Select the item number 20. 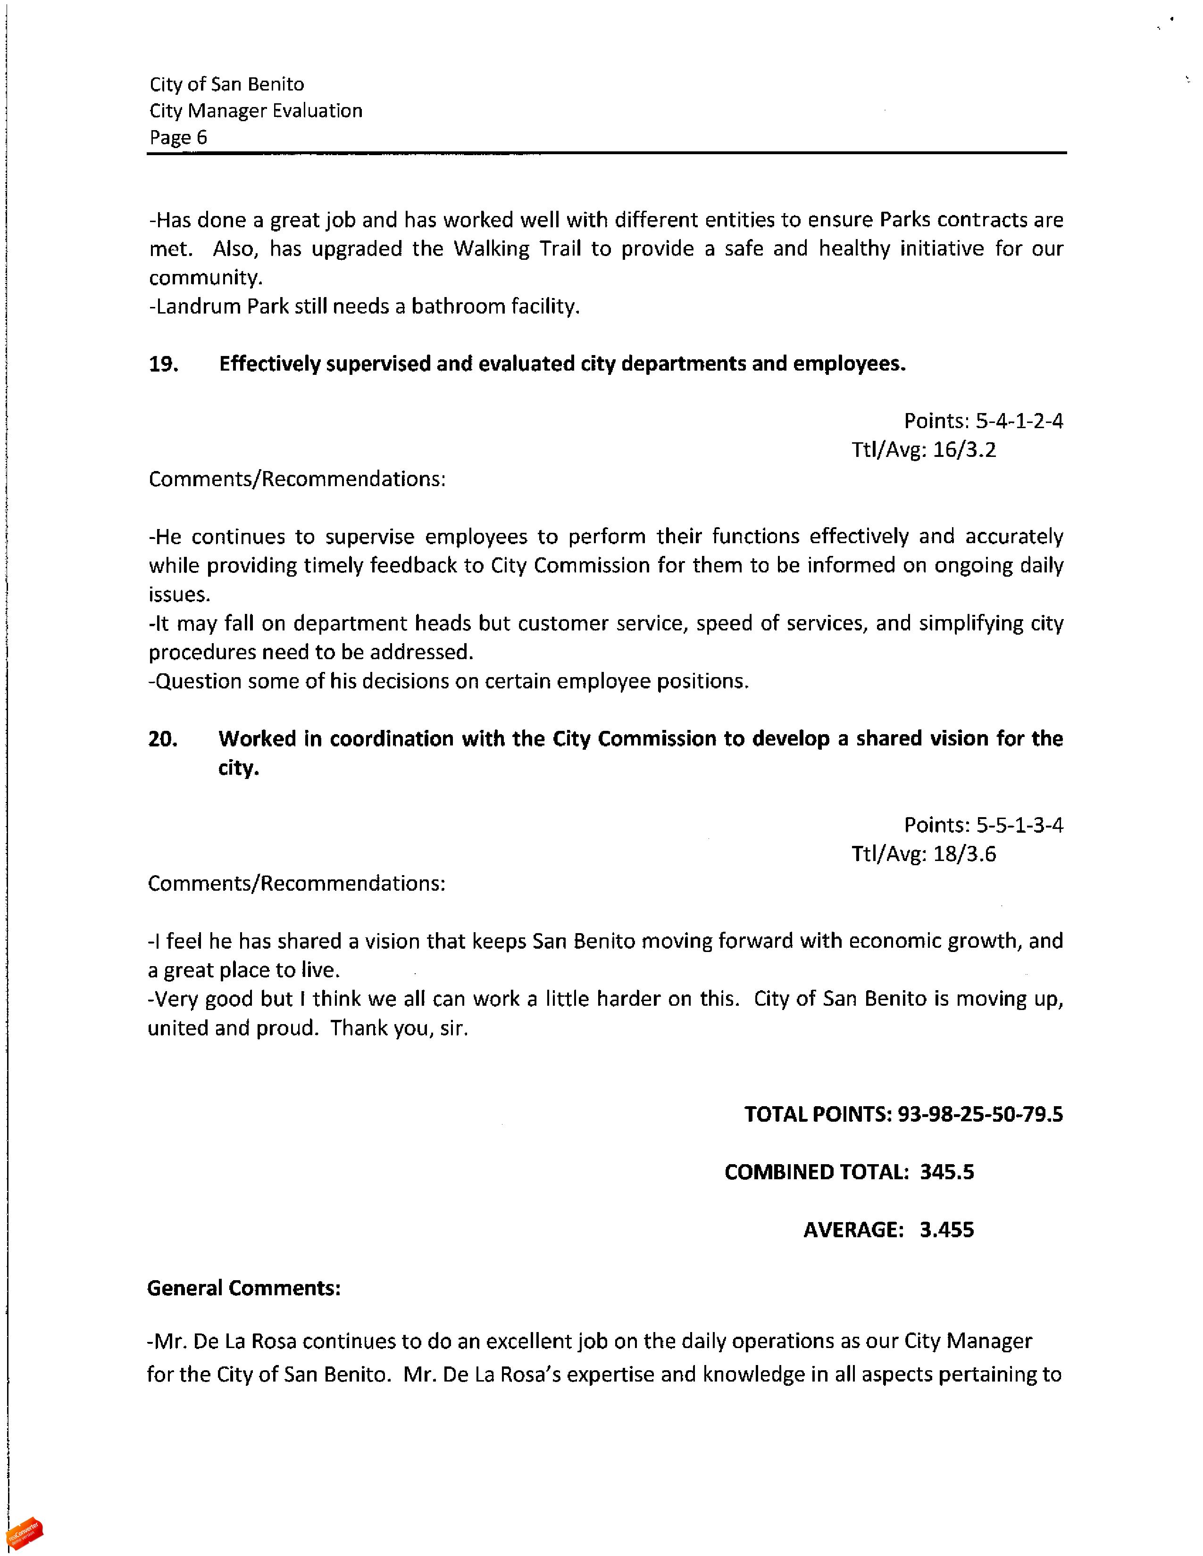click(x=162, y=739)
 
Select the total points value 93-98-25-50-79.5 click(x=980, y=1114)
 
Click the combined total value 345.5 click(x=946, y=1172)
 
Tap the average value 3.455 click(x=946, y=1230)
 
